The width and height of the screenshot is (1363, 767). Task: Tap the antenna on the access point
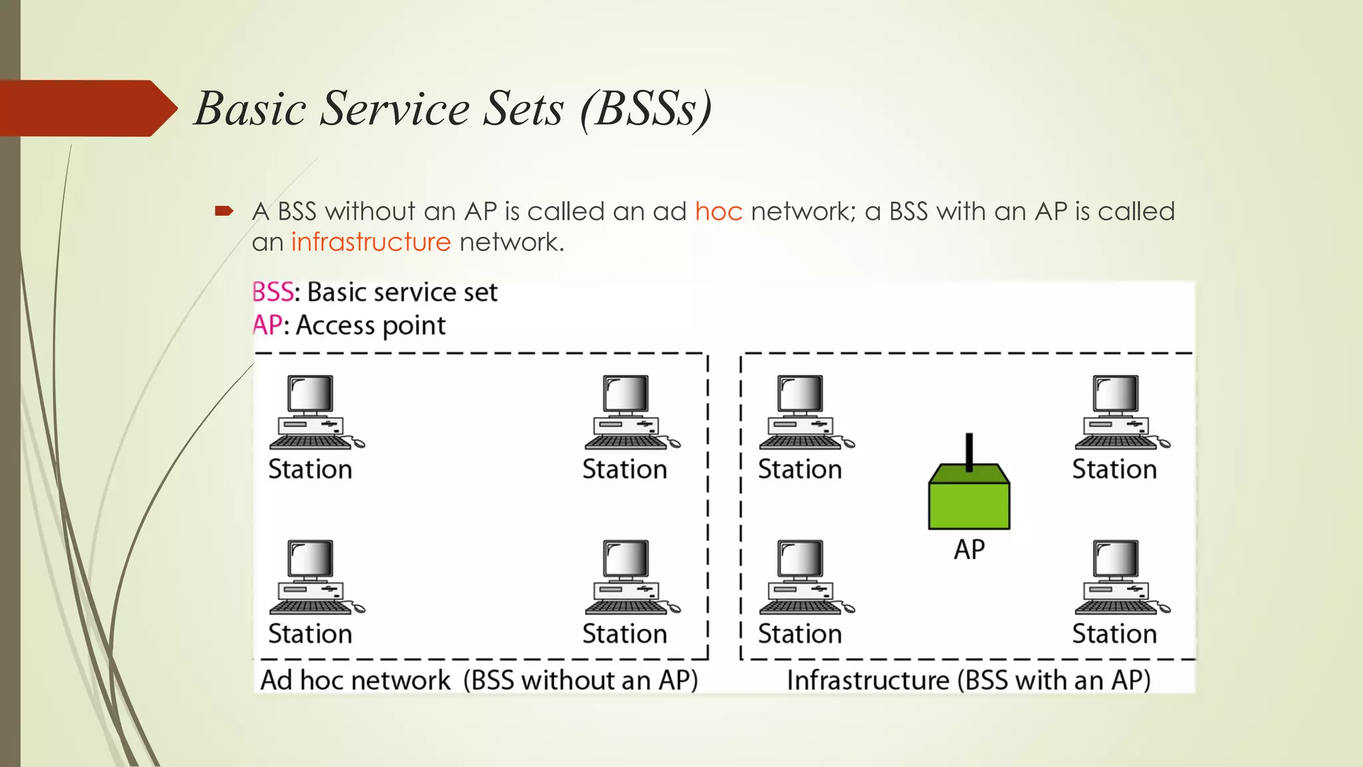pos(969,451)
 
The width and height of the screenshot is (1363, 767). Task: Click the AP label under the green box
pos(969,550)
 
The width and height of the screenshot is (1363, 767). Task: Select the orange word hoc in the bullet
pos(718,212)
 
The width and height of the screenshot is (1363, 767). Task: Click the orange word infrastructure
pos(371,242)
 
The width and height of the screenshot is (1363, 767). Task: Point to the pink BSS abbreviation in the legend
pos(272,292)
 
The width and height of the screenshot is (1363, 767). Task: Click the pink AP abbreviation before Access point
pos(267,326)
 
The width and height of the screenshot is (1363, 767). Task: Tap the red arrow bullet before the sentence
pos(224,212)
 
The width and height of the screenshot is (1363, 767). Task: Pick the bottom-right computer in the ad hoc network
pos(630,577)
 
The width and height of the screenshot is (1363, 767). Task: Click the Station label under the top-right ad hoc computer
pos(624,469)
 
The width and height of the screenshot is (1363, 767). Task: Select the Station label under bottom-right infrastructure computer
pos(1114,634)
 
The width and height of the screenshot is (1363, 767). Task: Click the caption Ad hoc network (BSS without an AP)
pos(479,680)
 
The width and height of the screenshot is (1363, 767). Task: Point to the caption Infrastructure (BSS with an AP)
pos(968,680)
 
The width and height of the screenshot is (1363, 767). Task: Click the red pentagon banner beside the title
pos(83,109)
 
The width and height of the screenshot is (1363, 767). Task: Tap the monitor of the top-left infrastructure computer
pos(801,393)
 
